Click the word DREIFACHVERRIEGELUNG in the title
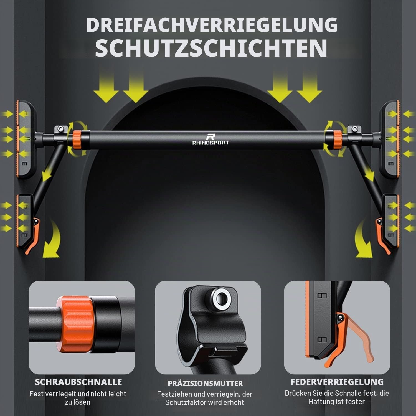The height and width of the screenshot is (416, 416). pos(212,25)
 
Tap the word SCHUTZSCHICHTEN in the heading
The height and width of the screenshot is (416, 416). pos(211,48)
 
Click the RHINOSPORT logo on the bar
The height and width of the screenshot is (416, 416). pos(210,139)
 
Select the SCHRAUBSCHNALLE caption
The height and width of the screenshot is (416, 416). pos(78,382)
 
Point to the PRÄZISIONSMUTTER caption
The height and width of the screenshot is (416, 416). pos(205,384)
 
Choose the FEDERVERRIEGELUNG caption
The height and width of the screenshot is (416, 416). pos(337,382)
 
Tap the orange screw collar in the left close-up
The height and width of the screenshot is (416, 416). pos(75,325)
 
